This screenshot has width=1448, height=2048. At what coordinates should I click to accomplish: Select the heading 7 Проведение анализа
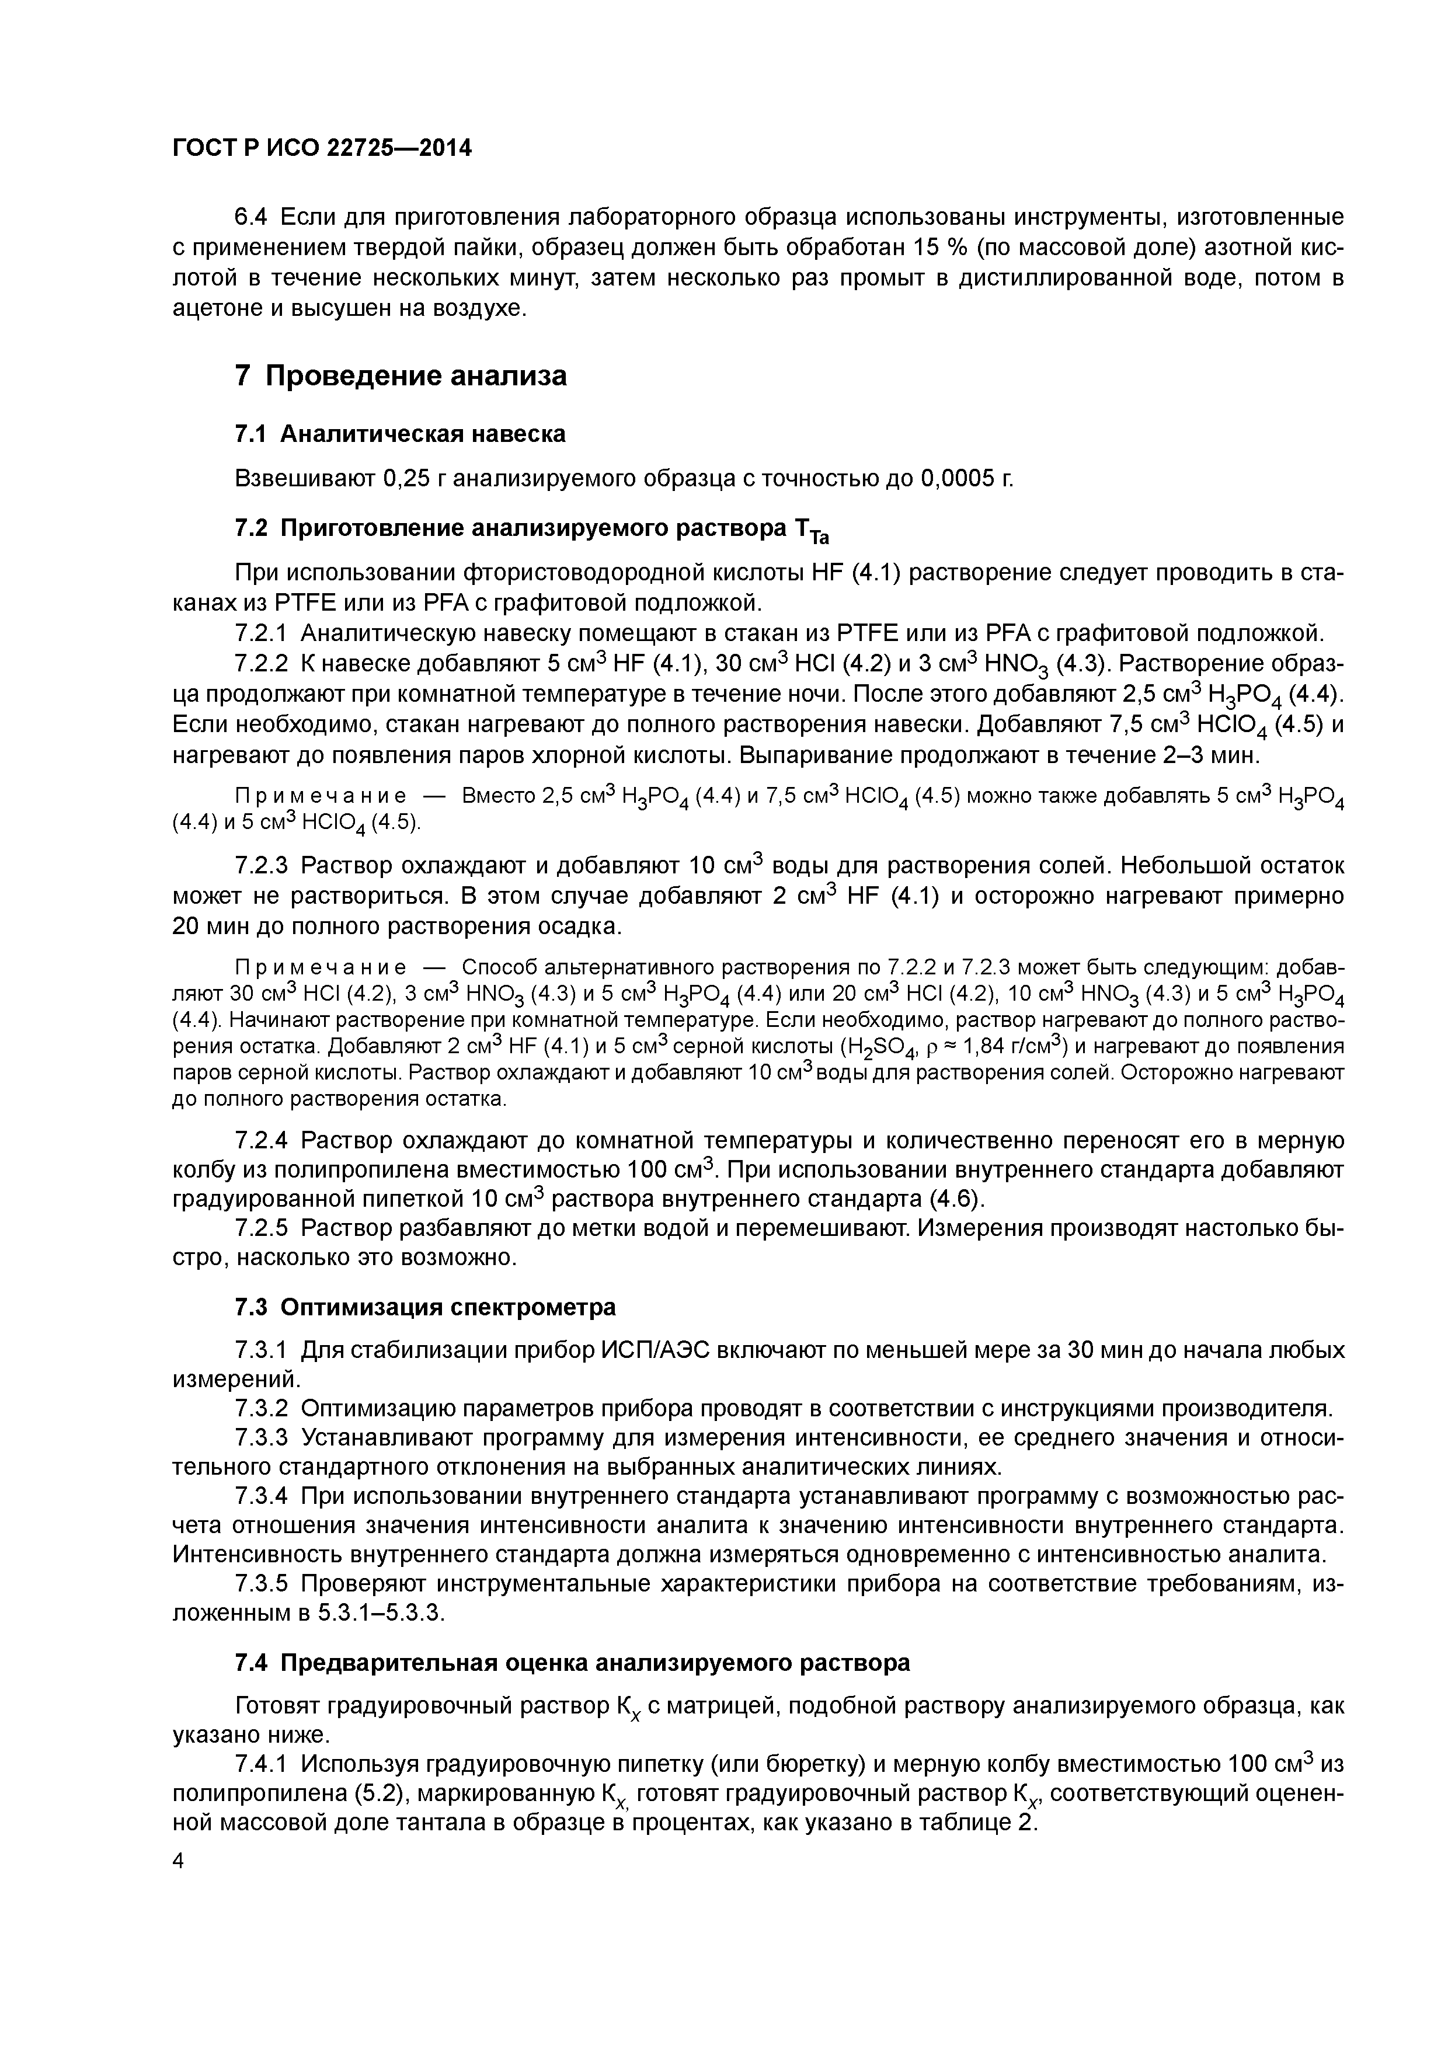pyautogui.click(x=401, y=375)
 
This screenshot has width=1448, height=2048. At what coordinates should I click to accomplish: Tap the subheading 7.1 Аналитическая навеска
pyautogui.click(x=400, y=434)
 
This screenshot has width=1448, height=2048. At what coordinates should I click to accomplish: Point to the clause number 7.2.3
pyautogui.click(x=262, y=865)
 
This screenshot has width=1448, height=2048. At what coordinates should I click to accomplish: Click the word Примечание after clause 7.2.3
pyautogui.click(x=321, y=968)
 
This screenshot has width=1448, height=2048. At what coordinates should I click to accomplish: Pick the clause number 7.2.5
pyautogui.click(x=262, y=1228)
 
